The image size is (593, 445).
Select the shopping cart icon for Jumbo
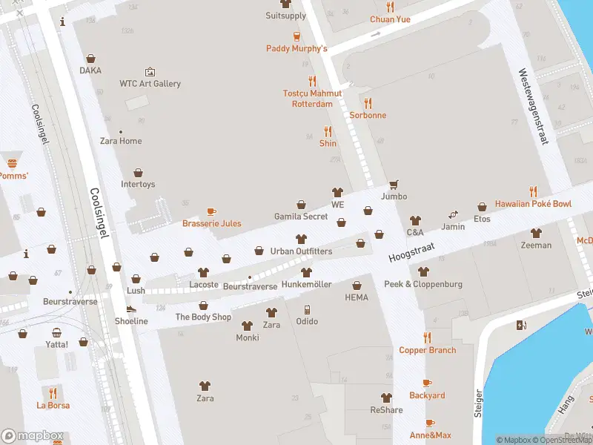coord(394,185)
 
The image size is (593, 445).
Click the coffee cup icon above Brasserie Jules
coord(211,211)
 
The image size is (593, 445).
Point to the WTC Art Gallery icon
coord(150,72)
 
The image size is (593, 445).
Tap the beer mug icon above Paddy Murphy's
coord(296,36)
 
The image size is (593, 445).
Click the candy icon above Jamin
coord(453,214)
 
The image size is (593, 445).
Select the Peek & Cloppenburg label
coord(423,284)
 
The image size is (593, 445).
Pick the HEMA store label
coord(357,297)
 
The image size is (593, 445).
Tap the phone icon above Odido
coord(307,309)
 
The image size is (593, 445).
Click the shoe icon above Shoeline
coord(131,309)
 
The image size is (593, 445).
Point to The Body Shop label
coord(203,317)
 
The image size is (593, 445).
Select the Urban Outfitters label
coord(301,251)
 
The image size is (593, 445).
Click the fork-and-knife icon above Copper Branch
coord(427,337)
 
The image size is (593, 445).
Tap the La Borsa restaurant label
coord(53,405)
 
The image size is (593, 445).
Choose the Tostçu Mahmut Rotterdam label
coord(312,99)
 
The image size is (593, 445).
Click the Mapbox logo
coord(33,436)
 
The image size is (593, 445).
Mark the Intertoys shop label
coord(138,184)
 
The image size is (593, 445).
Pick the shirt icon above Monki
coord(247,326)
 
